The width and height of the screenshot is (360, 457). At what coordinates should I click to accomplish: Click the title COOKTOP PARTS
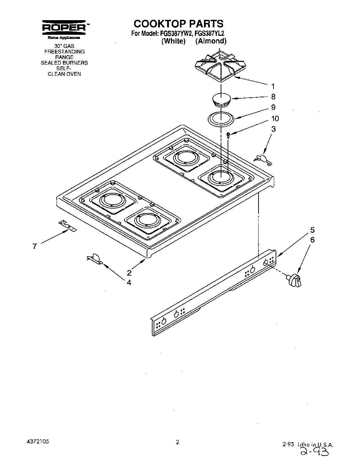pos(179,24)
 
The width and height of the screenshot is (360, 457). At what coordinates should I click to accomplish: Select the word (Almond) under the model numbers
pos(211,41)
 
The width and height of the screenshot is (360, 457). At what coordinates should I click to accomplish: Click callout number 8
pos(273,97)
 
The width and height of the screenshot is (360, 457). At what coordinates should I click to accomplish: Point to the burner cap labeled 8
pos(220,99)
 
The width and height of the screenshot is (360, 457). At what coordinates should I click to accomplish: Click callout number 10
pos(275,119)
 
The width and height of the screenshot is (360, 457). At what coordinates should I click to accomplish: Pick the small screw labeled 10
pos(228,135)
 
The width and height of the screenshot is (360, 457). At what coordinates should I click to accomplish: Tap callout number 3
pos(273,129)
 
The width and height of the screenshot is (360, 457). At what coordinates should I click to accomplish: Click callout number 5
pos(312,230)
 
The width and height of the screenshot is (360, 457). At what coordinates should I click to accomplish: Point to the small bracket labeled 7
pos(67,226)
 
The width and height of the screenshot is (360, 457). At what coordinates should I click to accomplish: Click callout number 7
pos(34,246)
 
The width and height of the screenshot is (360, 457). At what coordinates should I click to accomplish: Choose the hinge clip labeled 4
pos(94,258)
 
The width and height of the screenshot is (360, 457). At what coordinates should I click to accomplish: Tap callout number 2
pos(129,272)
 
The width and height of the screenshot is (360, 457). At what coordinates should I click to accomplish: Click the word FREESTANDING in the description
pos(64,51)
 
